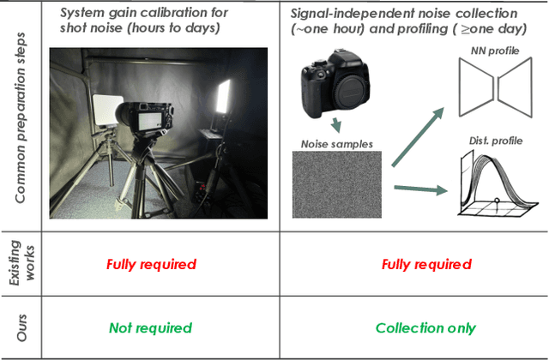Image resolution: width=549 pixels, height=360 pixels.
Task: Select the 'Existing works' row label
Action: coord(20,264)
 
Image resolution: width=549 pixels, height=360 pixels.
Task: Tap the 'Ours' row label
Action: coord(20,328)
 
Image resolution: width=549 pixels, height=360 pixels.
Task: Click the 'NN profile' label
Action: coord(492,51)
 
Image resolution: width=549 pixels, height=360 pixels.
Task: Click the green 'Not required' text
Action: coord(151,328)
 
